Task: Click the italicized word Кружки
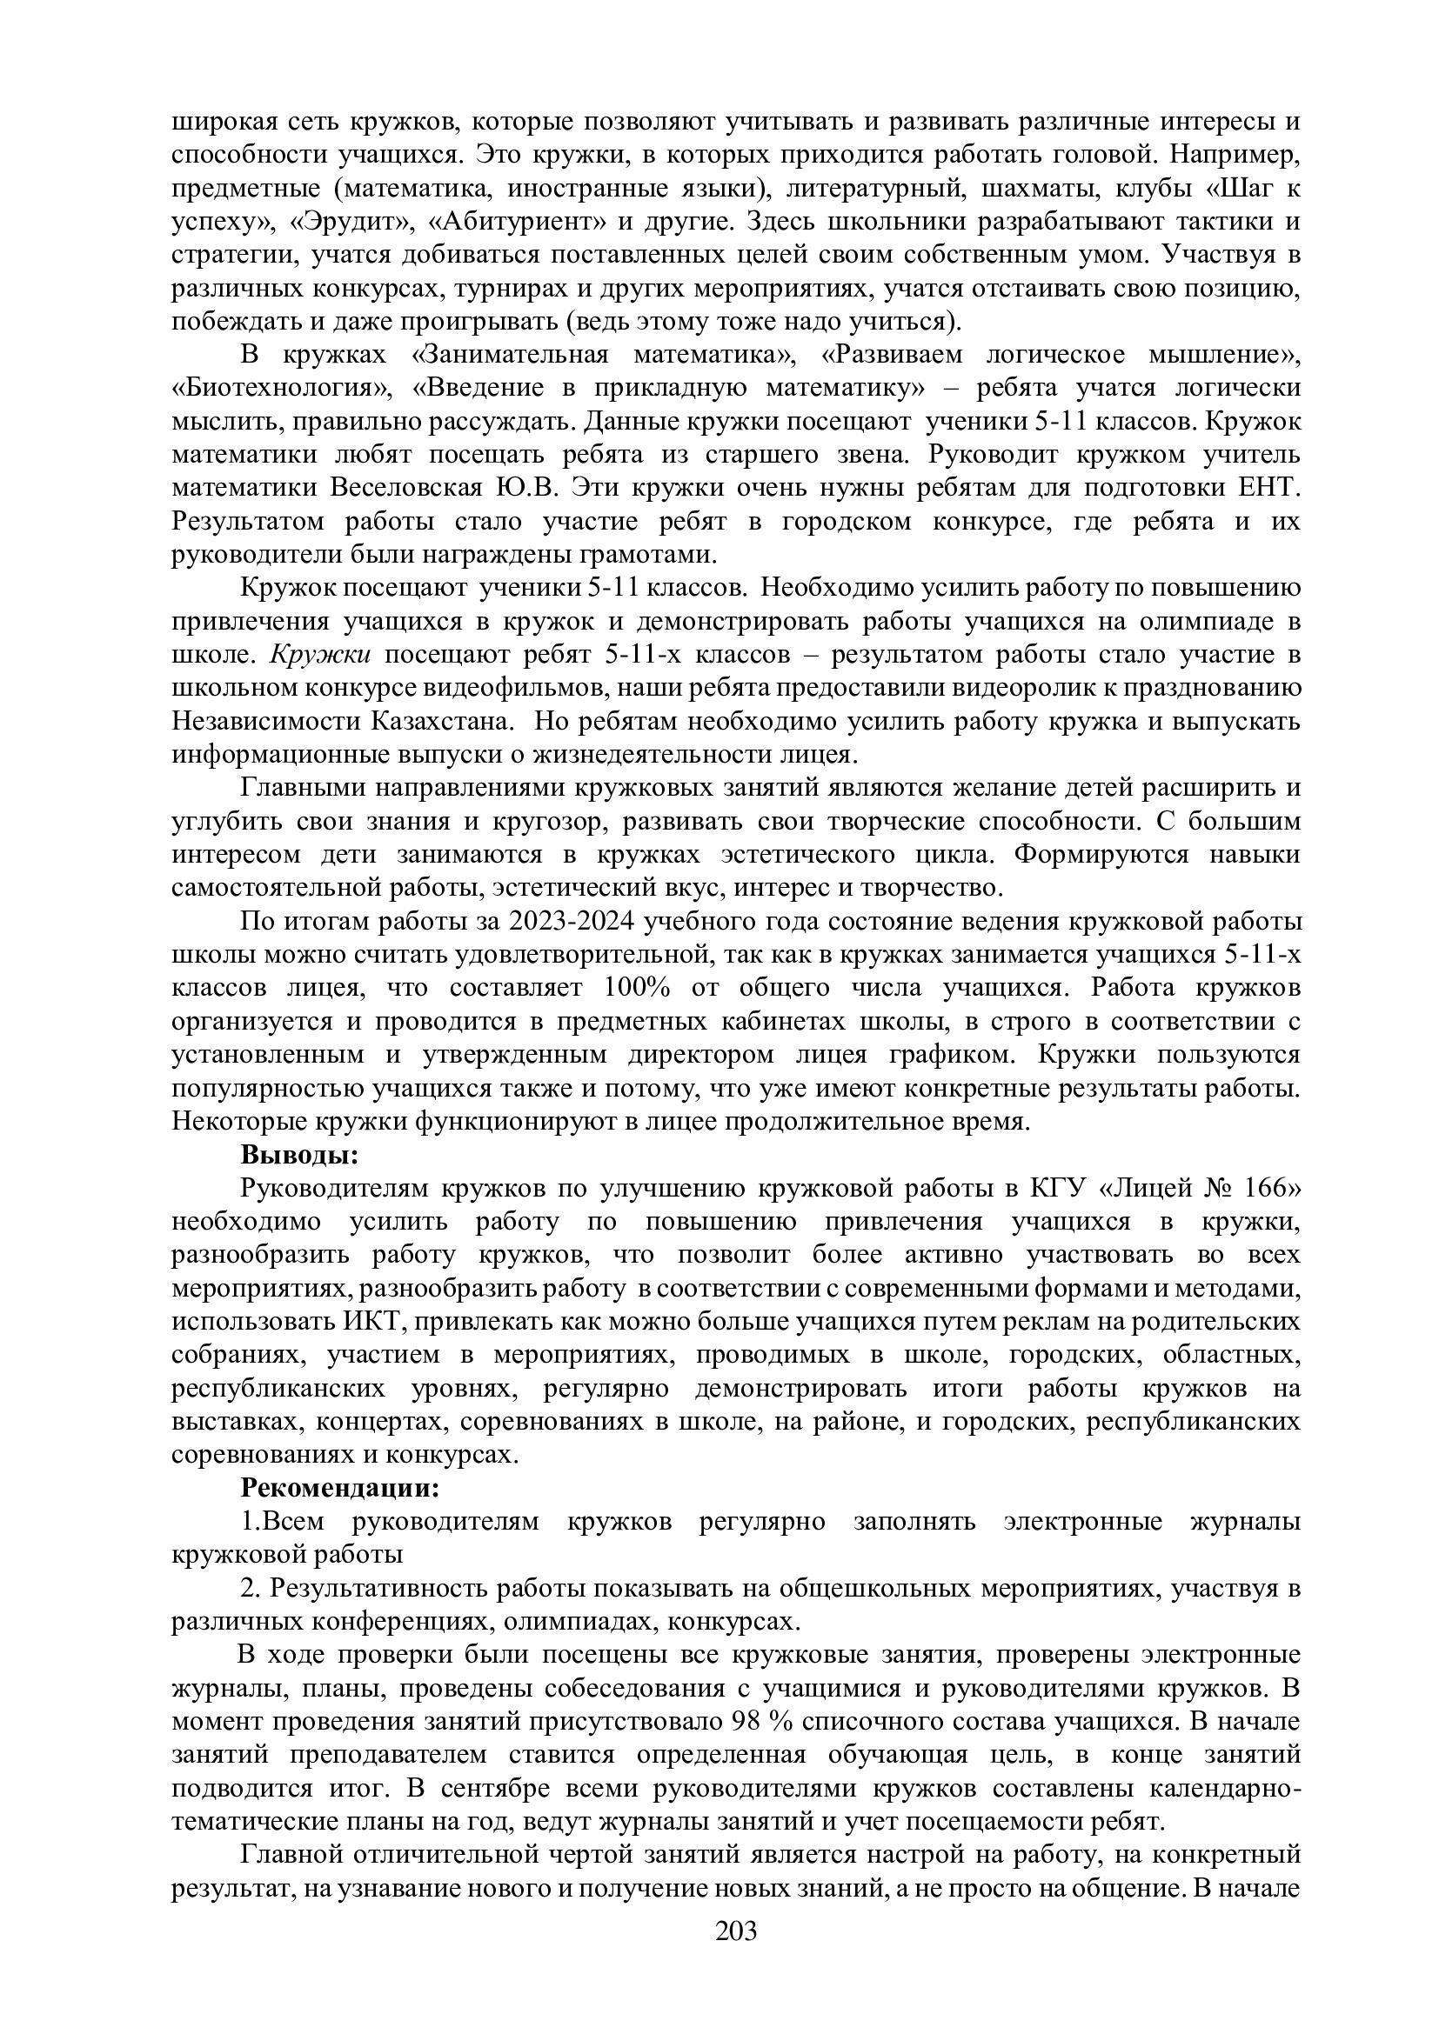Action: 320,655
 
